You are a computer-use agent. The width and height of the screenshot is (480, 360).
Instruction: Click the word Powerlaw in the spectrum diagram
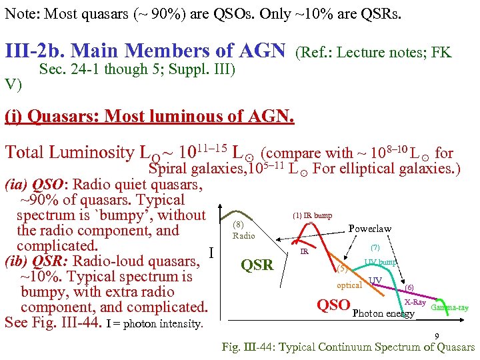pos(370,229)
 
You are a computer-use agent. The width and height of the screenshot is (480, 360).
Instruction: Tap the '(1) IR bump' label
pos(312,215)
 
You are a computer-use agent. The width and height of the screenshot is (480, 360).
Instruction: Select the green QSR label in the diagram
pos(257,265)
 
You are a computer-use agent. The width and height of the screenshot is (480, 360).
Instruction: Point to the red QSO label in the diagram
pos(333,305)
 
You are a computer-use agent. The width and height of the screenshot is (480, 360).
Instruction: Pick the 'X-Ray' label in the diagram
pos(415,302)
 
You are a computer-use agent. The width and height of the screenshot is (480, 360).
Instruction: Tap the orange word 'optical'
pos(349,285)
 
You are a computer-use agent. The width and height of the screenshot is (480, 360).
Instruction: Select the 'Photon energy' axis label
pos(383,313)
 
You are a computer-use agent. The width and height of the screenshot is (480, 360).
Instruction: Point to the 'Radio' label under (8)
pos(244,235)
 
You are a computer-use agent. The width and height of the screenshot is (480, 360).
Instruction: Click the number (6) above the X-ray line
pos(409,287)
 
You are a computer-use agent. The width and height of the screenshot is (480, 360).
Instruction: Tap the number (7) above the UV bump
pos(375,247)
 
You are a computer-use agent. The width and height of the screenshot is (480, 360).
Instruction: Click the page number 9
pos(436,337)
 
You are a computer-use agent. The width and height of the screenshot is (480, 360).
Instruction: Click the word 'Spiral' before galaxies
pos(169,168)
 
